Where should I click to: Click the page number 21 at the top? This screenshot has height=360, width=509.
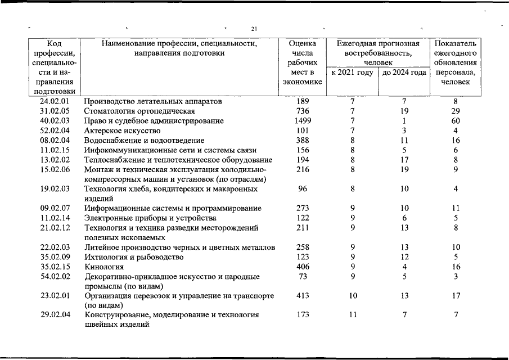254,29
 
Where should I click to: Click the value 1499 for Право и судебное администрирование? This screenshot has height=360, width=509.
303,121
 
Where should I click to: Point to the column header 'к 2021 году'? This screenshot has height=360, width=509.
352,73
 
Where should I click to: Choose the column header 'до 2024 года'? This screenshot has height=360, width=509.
404,73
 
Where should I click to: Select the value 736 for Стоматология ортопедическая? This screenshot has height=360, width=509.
303,111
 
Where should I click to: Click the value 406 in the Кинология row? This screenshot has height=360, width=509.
303,267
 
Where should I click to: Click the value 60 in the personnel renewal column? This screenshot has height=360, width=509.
456,121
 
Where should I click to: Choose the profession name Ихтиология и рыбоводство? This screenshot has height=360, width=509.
134,257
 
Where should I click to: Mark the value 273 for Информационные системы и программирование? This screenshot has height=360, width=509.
303,208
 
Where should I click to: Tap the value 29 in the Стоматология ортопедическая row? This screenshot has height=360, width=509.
456,111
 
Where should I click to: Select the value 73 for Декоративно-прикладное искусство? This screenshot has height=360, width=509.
303,277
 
